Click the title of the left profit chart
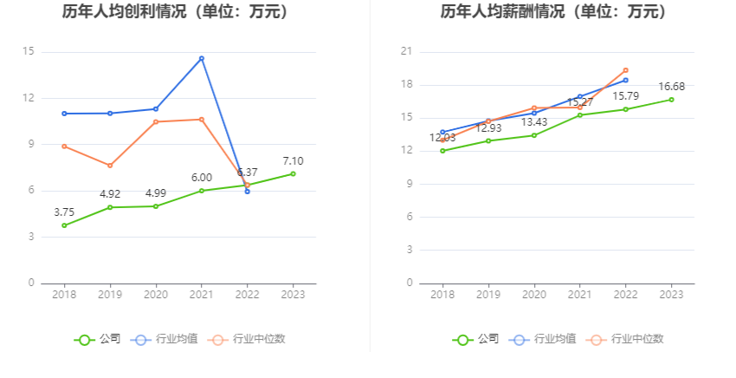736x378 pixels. [x=175, y=12]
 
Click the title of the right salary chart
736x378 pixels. [x=553, y=12]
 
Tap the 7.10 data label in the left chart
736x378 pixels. [x=294, y=161]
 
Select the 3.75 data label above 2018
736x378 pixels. [x=64, y=212]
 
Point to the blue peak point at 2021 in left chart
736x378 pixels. [x=202, y=58]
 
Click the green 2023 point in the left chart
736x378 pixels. [x=294, y=173]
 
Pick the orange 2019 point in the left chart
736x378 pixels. [x=110, y=165]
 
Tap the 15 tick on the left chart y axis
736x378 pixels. [x=29, y=52]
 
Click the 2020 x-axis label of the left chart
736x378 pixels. [x=156, y=295]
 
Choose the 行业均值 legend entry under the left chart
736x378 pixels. [x=165, y=339]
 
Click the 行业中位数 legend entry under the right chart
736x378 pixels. [x=626, y=339]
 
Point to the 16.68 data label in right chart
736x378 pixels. [x=672, y=87]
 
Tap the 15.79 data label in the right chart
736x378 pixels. [x=626, y=96]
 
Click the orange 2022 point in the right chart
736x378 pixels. [x=625, y=70]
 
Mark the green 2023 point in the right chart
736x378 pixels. [x=671, y=100]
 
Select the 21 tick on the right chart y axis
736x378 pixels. [x=407, y=52]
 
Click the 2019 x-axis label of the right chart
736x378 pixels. [x=488, y=295]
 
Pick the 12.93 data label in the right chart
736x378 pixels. [x=488, y=128]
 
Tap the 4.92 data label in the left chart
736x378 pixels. [x=110, y=194]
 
